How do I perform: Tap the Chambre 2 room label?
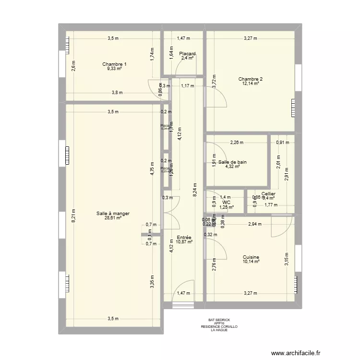(251, 79)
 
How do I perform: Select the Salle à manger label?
(113, 214)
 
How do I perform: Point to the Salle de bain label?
(232, 162)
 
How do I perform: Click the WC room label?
(227, 203)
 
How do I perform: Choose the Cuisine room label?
(251, 257)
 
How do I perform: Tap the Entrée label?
(184, 238)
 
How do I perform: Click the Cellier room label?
(268, 194)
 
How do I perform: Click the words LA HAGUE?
(219, 330)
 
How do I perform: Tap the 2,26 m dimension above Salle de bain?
(237, 143)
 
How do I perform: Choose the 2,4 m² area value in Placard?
(187, 58)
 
